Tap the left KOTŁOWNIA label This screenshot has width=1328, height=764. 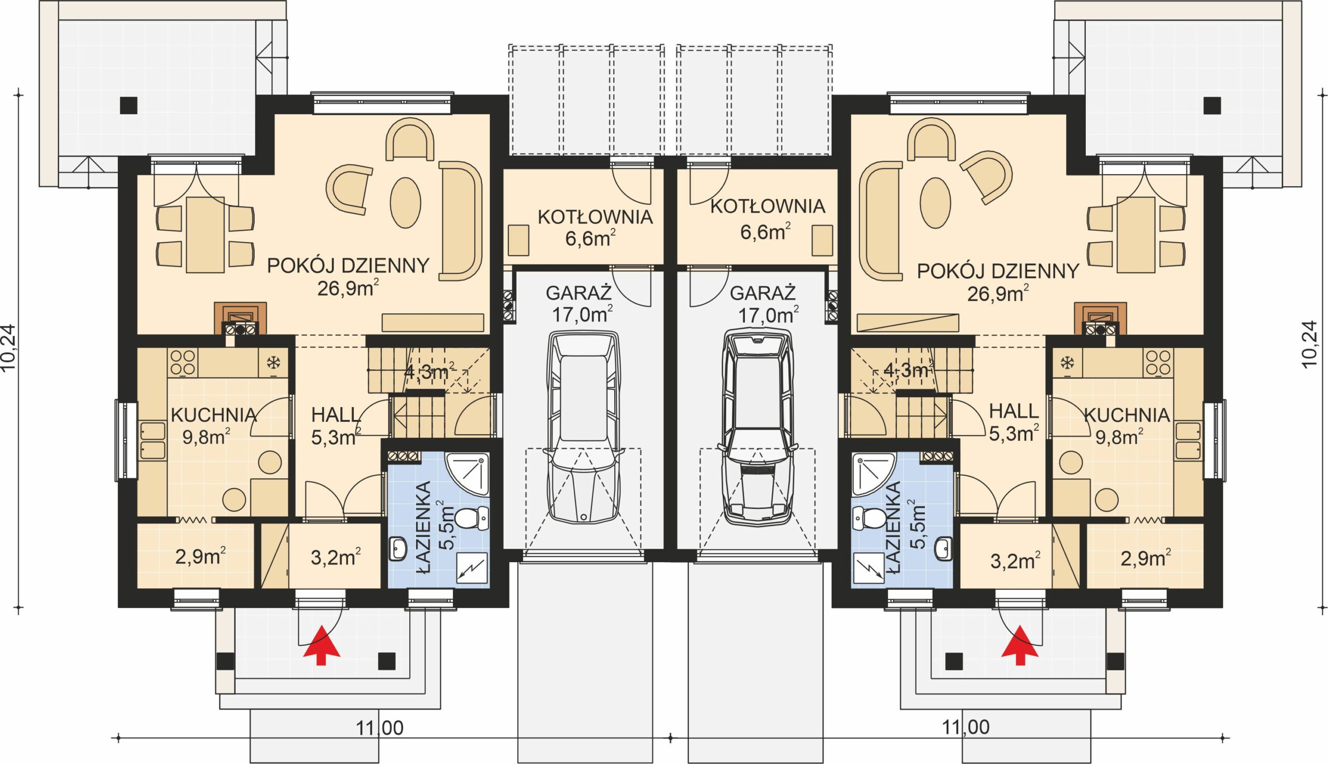595,217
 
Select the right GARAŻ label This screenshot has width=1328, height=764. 763,293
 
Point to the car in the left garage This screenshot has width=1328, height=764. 583,426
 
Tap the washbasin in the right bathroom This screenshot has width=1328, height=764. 945,549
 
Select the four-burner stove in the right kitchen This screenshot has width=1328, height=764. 1158,363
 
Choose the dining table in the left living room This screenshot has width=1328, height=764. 205,234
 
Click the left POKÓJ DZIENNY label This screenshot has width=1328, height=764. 349,266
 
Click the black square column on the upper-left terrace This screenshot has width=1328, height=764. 129,105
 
